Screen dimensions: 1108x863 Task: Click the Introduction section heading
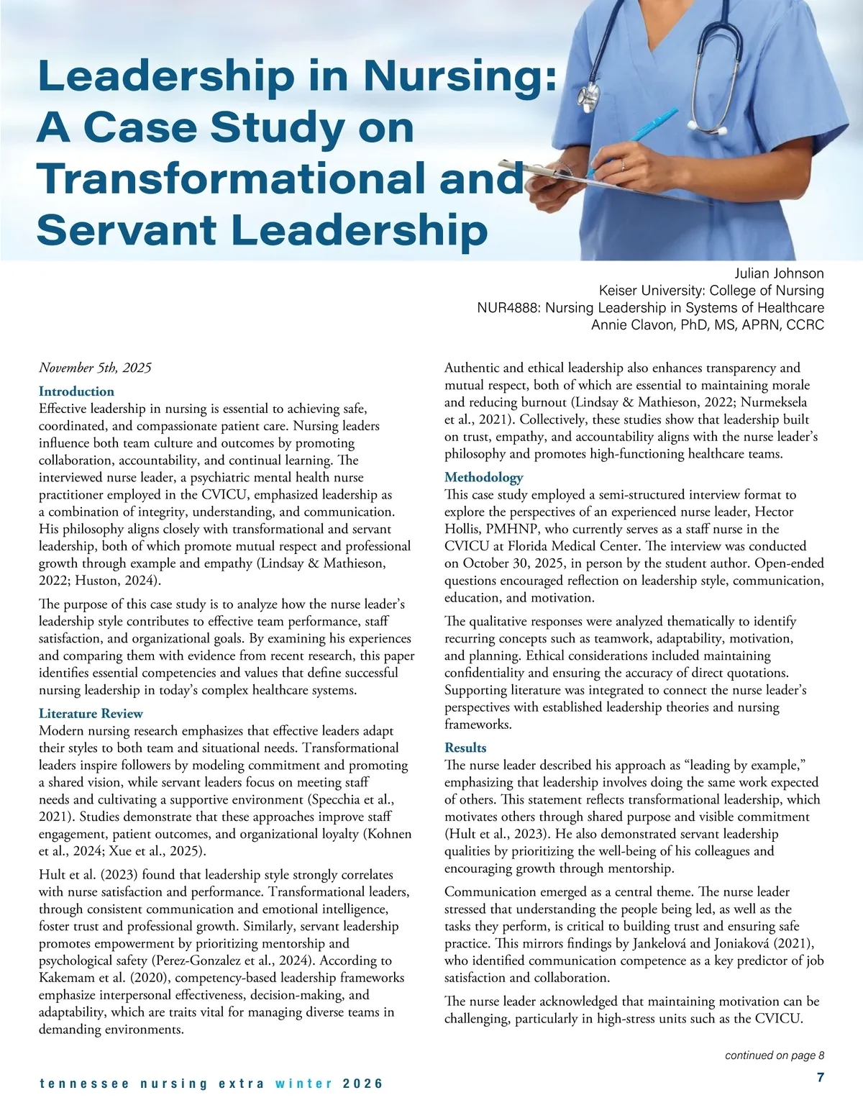[76, 391]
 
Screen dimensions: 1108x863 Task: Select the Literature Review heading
[91, 714]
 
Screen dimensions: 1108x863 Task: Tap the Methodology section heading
[483, 478]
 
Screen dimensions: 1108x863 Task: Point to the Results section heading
[465, 748]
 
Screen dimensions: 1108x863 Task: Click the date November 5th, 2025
[95, 368]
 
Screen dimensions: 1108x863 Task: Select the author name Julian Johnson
[779, 273]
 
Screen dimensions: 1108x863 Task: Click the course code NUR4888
[508, 308]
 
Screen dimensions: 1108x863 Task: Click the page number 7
[820, 1077]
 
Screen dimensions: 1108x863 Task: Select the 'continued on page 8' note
[774, 1055]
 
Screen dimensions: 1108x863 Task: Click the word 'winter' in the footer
[303, 1084]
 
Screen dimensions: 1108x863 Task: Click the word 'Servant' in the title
[126, 230]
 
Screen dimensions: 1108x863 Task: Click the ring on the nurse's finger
[623, 165]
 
